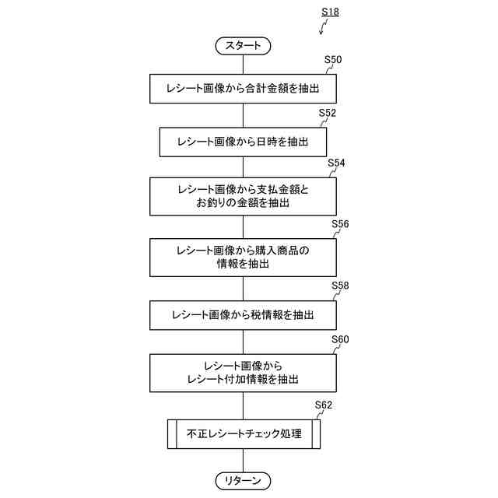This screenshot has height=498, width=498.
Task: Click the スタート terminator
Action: click(243, 46)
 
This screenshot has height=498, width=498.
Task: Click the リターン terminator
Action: click(243, 479)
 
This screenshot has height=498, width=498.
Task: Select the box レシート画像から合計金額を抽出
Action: click(243, 89)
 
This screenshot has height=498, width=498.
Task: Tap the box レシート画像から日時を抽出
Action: click(243, 142)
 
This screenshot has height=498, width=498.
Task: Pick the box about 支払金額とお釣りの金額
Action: click(243, 196)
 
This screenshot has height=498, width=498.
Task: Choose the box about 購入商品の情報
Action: click(243, 257)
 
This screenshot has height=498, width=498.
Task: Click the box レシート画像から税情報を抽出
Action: click(243, 314)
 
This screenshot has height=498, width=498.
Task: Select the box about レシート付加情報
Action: click(243, 373)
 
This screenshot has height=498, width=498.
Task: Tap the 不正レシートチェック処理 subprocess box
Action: click(243, 433)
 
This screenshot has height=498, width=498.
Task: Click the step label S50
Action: click(333, 60)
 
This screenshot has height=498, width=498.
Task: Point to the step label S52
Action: click(328, 113)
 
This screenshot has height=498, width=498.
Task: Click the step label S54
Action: click(336, 163)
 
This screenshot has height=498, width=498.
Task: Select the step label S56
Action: click(340, 224)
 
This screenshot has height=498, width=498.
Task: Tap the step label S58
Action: click(340, 286)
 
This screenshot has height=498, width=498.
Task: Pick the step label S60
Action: click(340, 340)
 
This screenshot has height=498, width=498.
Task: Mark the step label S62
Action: click(324, 405)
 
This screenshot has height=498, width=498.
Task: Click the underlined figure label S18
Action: click(330, 12)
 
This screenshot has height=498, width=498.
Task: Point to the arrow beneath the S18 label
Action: click(323, 29)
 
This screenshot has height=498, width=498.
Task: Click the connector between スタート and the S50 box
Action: click(243, 64)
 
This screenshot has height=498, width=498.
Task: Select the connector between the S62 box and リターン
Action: click(243, 460)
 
